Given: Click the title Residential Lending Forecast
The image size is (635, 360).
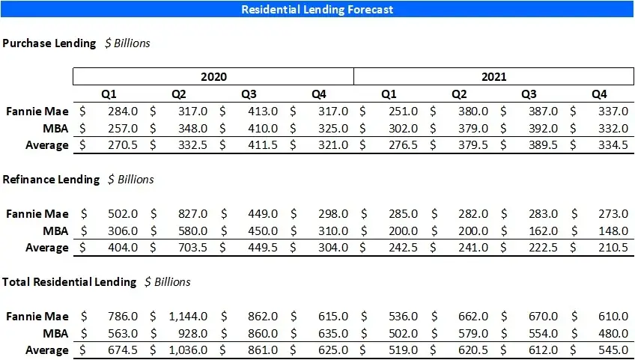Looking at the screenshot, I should click(x=317, y=10).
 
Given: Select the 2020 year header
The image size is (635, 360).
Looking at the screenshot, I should click(x=213, y=76).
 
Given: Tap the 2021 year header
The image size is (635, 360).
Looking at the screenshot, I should click(x=493, y=76).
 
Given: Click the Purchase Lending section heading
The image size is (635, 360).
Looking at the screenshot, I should click(x=49, y=43).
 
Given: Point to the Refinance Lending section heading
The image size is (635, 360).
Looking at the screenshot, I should click(x=51, y=180).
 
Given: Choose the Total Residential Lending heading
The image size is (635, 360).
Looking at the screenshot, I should click(x=70, y=282).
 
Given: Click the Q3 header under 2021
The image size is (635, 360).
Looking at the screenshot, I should click(x=529, y=94).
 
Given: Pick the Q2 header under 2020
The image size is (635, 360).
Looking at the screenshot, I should click(x=178, y=94).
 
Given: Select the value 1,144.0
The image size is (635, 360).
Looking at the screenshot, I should click(x=188, y=317).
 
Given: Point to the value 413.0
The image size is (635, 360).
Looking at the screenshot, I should click(x=263, y=112).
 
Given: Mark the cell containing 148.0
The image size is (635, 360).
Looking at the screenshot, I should click(x=613, y=231).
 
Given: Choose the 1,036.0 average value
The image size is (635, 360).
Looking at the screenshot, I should click(x=188, y=350).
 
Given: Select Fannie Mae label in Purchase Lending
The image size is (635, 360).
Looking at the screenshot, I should click(x=37, y=112).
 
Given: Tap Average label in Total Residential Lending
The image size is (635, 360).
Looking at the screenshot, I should click(x=47, y=350).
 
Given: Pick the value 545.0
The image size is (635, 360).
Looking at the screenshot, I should click(x=613, y=350).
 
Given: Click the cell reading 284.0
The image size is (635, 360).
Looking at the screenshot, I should click(x=124, y=112).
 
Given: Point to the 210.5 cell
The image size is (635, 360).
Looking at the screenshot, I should click(x=613, y=248).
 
